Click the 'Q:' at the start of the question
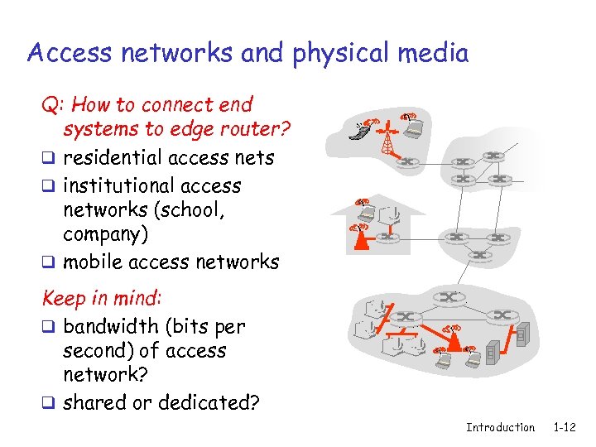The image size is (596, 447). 55,105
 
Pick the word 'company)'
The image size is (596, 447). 106,234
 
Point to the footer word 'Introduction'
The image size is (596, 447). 500,427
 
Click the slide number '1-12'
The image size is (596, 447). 565,427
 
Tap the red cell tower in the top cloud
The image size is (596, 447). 387,139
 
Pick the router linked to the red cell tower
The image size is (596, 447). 407,161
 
